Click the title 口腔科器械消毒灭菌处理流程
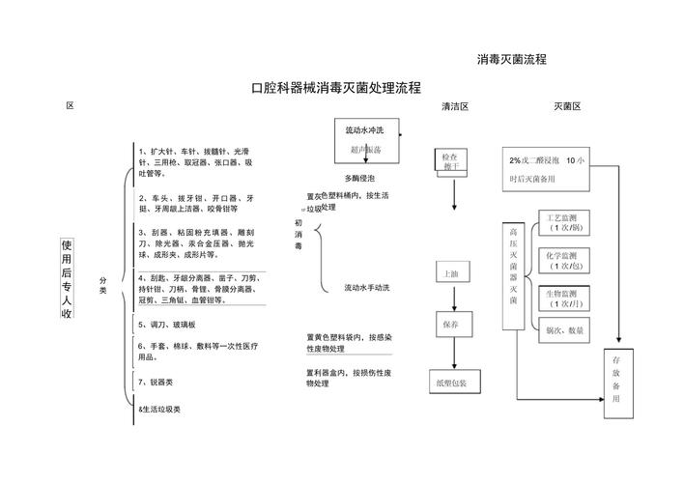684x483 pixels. [x=335, y=88]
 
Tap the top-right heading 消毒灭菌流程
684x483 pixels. [x=512, y=59]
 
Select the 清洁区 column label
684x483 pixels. [x=454, y=106]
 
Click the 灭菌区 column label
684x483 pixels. [x=567, y=106]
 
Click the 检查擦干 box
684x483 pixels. [x=449, y=161]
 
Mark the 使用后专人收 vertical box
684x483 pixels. [x=67, y=279]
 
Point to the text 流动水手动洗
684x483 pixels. [x=367, y=288]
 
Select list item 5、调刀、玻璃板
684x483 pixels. [x=166, y=325]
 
